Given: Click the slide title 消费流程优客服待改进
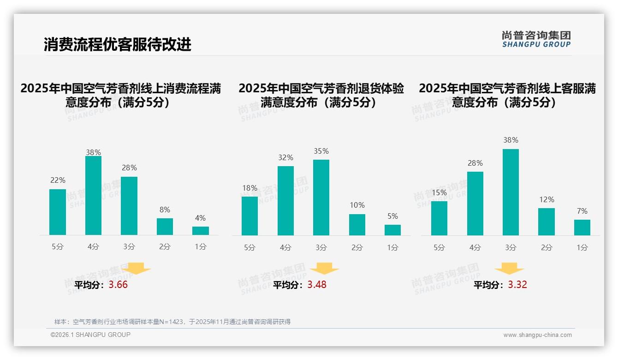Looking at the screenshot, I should [118, 44].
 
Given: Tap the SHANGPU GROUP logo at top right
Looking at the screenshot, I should [536, 39].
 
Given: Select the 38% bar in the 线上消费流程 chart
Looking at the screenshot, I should [93, 196].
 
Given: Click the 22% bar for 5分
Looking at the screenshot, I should [58, 212].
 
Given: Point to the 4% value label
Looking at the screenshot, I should [200, 218].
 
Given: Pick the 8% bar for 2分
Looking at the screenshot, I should [165, 227].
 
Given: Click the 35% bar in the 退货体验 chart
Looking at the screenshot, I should [321, 198].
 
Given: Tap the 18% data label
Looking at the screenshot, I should [250, 188].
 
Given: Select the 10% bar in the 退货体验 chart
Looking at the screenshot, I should [357, 225].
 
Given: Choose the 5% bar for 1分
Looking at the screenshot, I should [392, 230].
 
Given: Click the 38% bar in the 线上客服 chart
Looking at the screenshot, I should [511, 192].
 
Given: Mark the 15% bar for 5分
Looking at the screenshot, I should [439, 218].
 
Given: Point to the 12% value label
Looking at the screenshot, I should [547, 199].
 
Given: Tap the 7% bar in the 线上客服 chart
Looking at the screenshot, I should [582, 228].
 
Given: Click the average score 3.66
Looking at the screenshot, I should [118, 285].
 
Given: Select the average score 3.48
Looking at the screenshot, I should [317, 285].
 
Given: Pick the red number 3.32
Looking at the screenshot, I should [517, 285].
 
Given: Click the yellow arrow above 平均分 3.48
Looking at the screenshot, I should [324, 269].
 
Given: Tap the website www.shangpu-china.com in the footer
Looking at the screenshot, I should [537, 335].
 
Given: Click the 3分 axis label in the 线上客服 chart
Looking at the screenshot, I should [511, 248].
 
